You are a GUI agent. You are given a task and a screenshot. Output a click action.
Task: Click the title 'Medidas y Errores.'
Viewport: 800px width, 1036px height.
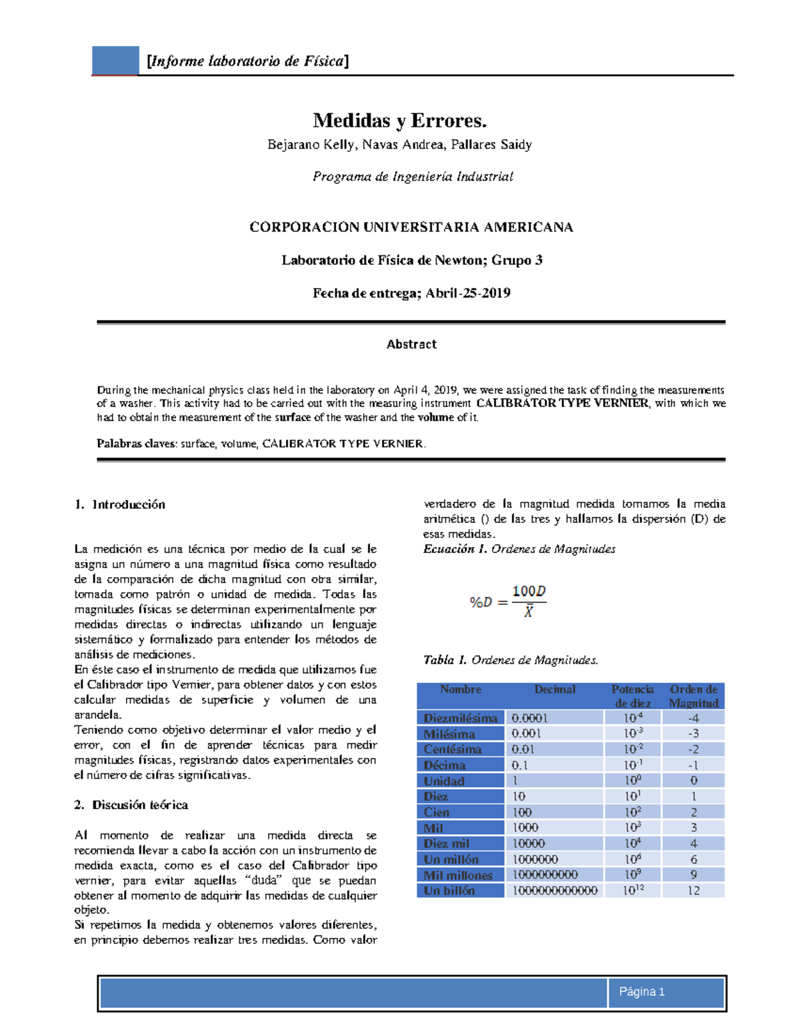400,121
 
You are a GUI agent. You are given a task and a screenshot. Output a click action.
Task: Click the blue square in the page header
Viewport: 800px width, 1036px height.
115,61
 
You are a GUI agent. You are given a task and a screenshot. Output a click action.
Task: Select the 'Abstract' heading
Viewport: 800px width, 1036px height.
411,344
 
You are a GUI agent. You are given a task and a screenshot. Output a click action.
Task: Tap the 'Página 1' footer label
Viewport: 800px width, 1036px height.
641,991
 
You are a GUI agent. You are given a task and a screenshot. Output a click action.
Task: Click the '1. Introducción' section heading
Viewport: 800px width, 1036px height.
120,504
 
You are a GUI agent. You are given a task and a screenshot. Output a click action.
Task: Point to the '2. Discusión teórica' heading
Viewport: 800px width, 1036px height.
131,805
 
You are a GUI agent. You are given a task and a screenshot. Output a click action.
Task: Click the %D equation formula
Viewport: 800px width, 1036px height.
507,601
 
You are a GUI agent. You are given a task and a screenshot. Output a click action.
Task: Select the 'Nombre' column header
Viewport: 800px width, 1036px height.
461,690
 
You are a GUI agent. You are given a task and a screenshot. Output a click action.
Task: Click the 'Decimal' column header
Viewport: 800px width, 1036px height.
555,690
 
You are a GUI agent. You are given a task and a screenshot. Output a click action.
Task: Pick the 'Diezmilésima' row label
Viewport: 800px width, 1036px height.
461,718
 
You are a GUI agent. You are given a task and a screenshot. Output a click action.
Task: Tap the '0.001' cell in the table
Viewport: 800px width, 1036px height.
527,733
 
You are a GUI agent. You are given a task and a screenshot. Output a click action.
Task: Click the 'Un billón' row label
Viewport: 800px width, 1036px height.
450,891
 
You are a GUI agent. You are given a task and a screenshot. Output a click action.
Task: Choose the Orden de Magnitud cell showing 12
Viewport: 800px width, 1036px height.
693,891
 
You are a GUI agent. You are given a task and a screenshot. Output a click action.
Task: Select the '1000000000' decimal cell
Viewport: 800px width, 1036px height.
545,875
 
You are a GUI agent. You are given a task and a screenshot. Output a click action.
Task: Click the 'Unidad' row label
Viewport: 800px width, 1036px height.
444,781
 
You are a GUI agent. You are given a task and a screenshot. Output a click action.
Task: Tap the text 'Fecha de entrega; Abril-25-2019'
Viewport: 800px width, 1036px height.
411,293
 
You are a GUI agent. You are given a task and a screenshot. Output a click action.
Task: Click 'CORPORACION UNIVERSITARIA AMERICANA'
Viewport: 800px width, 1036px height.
411,227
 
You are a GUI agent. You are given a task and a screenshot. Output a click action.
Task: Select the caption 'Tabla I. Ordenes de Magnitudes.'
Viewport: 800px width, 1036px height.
511,660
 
